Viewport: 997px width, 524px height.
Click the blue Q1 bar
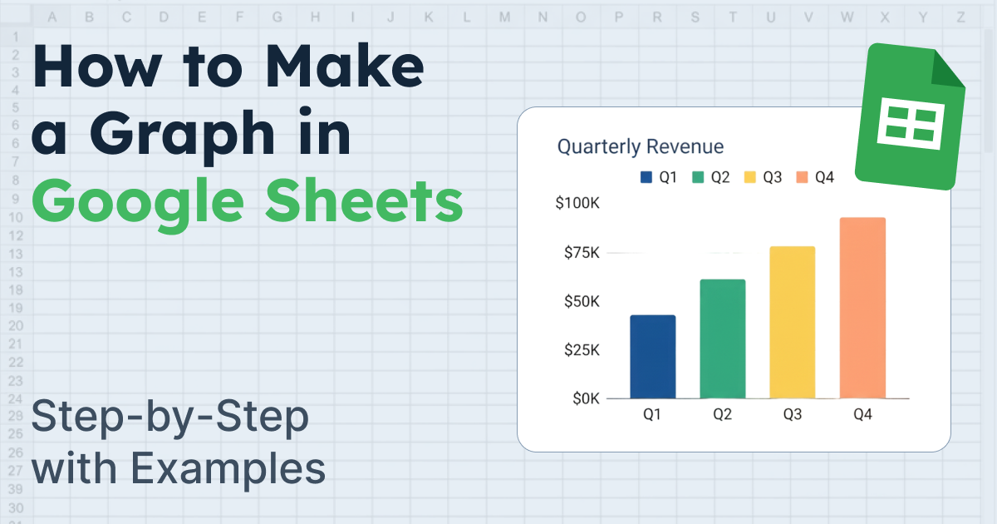coord(652,357)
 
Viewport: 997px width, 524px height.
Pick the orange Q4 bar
coord(862,308)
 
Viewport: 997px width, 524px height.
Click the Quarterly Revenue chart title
coord(641,147)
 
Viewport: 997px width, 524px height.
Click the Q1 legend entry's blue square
coord(646,177)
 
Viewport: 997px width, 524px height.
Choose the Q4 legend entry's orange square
coord(802,177)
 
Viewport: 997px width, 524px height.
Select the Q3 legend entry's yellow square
coord(750,177)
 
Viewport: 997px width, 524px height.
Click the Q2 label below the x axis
coord(722,413)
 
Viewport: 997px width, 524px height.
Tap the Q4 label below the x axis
coord(862,413)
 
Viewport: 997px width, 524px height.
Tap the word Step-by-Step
coord(169,419)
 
